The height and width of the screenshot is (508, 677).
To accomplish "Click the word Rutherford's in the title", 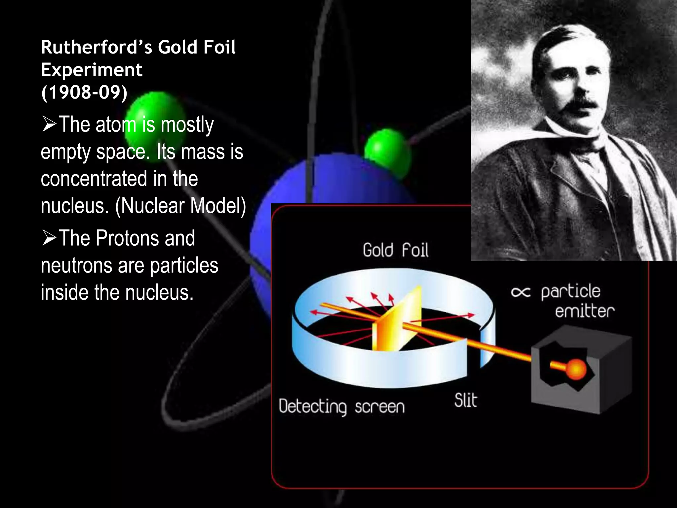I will (96, 47).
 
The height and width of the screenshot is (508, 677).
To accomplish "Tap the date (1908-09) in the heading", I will (84, 92).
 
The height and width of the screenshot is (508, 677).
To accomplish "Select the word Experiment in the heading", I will (92, 70).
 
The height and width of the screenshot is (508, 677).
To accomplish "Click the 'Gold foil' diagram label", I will (395, 250).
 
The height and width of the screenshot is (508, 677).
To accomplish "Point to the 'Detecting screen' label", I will (341, 406).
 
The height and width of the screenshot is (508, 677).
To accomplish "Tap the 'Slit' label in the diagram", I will (466, 401).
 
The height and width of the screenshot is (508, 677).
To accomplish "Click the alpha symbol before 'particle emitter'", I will (521, 292).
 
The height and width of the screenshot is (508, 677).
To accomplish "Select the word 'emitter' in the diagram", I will (584, 311).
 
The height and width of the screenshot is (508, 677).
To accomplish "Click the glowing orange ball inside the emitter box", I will (576, 369).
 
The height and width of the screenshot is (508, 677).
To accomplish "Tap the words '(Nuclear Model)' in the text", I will (180, 206).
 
